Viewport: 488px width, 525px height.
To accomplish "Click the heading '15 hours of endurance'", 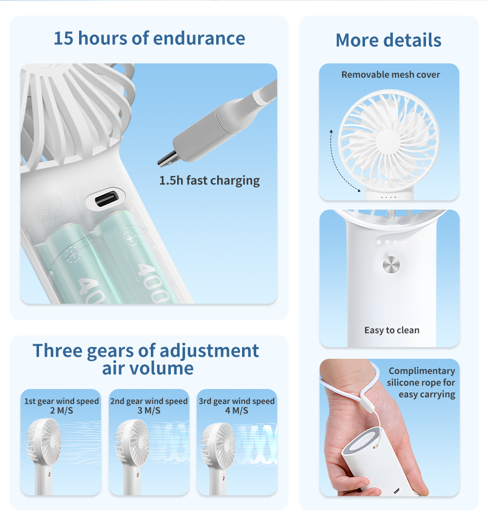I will tap(149, 39).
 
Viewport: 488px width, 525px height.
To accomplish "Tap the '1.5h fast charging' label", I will tap(209, 180).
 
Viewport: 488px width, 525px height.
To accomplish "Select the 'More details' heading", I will tap(388, 40).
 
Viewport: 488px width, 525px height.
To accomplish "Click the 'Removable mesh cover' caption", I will tap(390, 75).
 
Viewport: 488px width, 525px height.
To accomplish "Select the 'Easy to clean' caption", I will tap(391, 331).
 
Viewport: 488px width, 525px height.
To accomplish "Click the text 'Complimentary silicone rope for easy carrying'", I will tap(422, 383).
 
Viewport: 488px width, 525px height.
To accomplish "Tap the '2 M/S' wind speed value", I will tap(61, 410).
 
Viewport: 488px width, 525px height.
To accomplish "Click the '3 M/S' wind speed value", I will tap(149, 410).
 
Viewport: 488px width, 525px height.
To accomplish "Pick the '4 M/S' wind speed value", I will tap(237, 410).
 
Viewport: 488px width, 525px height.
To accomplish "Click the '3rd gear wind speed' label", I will tap(237, 401).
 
